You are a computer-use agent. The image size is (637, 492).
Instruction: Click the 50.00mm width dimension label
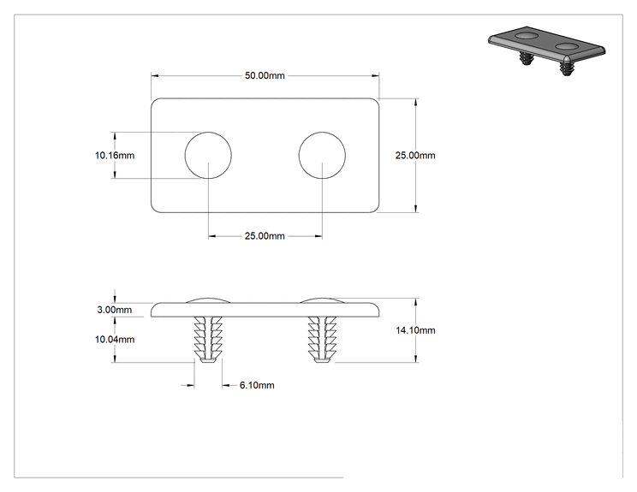(265, 75)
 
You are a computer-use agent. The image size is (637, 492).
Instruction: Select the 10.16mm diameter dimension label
(115, 156)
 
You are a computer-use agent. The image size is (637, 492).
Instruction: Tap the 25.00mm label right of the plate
(415, 156)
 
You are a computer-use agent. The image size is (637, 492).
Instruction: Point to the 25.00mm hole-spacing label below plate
(265, 236)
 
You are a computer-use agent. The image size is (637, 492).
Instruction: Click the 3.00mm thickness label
(115, 310)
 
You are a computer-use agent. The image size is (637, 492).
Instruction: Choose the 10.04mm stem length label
(115, 340)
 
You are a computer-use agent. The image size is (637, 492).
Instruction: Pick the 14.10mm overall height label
(415, 330)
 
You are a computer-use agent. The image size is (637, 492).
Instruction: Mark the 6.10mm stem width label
(257, 385)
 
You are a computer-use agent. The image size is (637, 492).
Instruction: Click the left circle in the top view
(208, 133)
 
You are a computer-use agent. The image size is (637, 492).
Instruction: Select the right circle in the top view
(322, 133)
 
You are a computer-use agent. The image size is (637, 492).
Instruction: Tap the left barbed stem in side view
(208, 340)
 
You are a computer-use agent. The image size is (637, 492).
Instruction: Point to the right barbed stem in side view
(322, 340)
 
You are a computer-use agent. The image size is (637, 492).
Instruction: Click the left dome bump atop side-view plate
(208, 300)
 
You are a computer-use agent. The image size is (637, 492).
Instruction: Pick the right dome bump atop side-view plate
(322, 300)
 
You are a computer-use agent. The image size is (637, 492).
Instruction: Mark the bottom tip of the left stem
(208, 363)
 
